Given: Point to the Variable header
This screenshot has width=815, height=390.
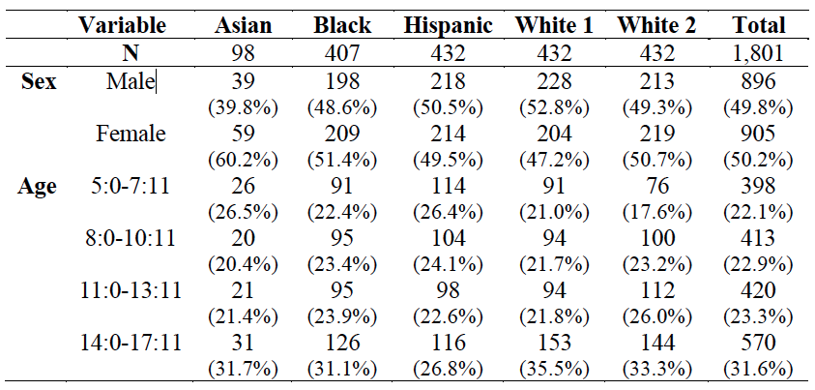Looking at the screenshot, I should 122,25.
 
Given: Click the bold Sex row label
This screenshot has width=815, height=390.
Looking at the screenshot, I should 39,82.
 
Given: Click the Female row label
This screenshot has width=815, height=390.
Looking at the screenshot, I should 131,135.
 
